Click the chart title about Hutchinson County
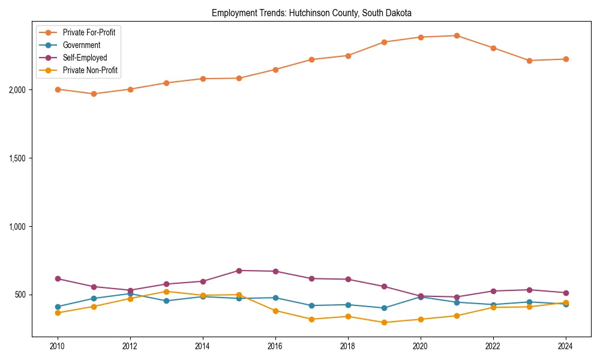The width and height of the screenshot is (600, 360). [311, 13]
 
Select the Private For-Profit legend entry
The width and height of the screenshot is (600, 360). [89, 32]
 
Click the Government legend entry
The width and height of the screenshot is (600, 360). [81, 45]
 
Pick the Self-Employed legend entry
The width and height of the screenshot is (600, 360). [85, 58]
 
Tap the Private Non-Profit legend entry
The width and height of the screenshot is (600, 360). [90, 70]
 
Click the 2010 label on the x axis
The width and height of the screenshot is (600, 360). [58, 346]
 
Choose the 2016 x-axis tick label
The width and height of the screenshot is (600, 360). [275, 346]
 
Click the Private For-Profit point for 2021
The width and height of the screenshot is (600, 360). [457, 35]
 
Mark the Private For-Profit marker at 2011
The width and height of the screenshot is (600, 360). [94, 94]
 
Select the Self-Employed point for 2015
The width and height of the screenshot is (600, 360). [239, 271]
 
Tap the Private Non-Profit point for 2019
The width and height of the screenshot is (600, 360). [384, 322]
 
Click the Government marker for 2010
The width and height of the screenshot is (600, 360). [58, 307]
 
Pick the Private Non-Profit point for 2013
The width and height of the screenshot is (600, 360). [166, 292]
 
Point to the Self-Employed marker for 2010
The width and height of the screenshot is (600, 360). [58, 278]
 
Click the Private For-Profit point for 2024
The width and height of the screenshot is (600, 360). [566, 59]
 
